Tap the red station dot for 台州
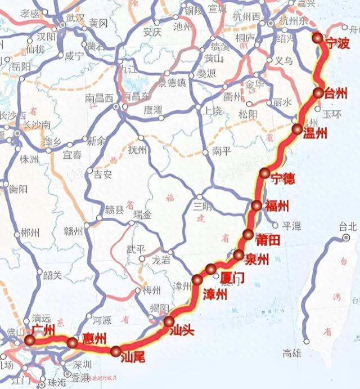[x=318, y=93]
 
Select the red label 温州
[x=315, y=133]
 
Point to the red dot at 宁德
[x=264, y=173]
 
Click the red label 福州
[x=276, y=204]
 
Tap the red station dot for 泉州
[x=238, y=255]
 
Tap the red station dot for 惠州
[x=73, y=343]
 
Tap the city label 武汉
[x=75, y=17]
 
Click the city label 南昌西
[x=99, y=97]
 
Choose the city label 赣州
[x=73, y=231]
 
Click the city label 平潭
[x=292, y=225]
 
